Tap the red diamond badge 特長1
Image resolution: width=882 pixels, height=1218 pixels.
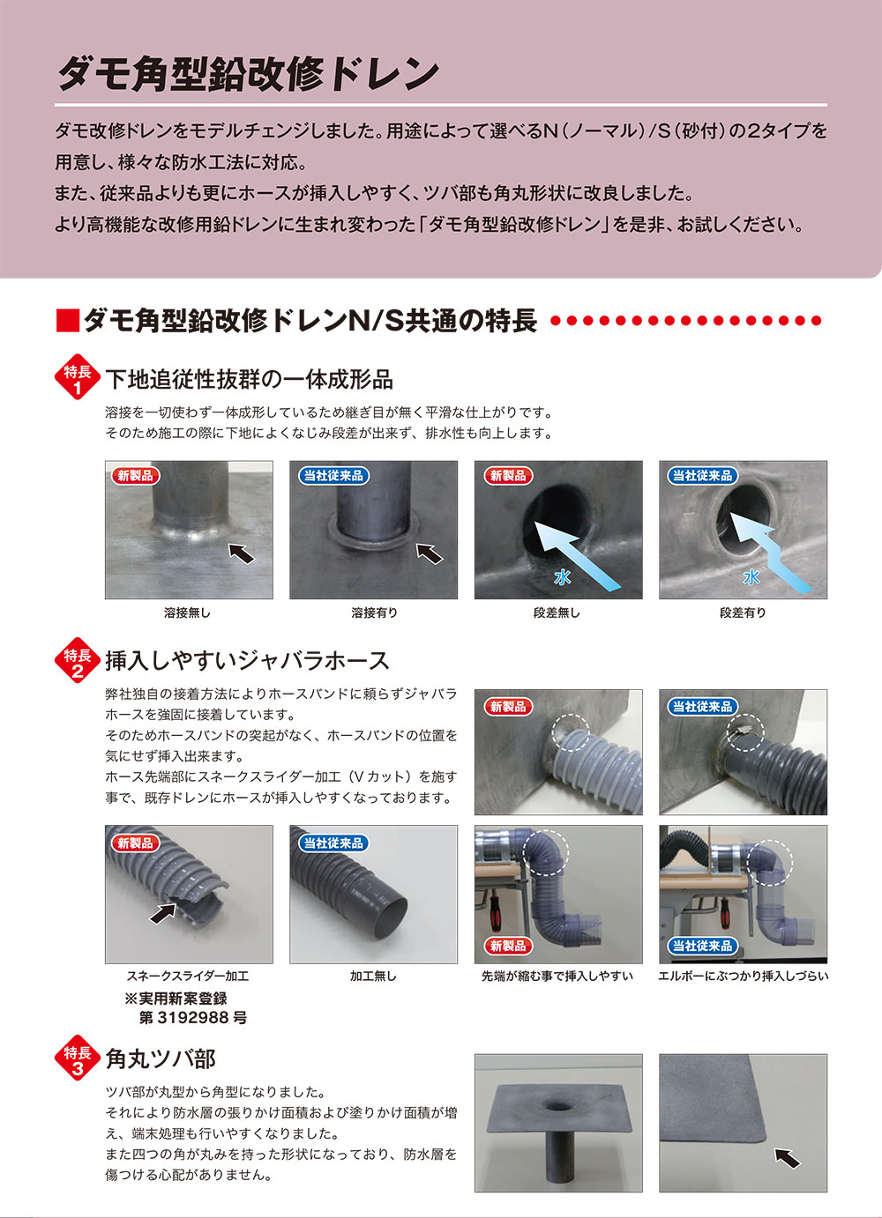click(x=78, y=377)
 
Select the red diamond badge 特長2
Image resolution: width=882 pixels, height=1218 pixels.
click(x=78, y=660)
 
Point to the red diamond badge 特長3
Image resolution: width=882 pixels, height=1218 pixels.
click(x=78, y=1058)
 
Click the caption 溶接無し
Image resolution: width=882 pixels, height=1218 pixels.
click(x=187, y=613)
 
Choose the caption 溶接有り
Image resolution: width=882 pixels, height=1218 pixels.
click(x=374, y=613)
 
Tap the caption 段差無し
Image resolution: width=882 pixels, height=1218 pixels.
click(x=557, y=613)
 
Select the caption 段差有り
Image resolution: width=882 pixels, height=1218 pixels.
click(x=743, y=613)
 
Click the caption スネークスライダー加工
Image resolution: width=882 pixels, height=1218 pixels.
click(x=188, y=976)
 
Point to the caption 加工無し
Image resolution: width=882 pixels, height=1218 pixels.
click(x=373, y=976)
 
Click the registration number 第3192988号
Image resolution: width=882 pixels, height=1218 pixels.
click(x=193, y=1017)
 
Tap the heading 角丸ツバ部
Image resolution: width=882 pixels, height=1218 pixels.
click(x=161, y=1058)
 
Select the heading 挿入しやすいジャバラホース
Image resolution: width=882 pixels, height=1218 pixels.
click(x=247, y=661)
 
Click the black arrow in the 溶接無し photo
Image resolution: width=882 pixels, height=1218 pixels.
click(x=241, y=553)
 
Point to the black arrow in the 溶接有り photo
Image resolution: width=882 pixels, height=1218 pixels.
click(x=430, y=553)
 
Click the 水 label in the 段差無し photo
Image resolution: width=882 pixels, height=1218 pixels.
click(x=562, y=577)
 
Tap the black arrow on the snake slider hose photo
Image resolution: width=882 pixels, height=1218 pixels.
click(x=163, y=913)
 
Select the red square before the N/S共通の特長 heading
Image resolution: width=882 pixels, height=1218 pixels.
click(x=68, y=320)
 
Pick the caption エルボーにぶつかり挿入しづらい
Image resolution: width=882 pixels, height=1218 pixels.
click(x=744, y=976)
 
